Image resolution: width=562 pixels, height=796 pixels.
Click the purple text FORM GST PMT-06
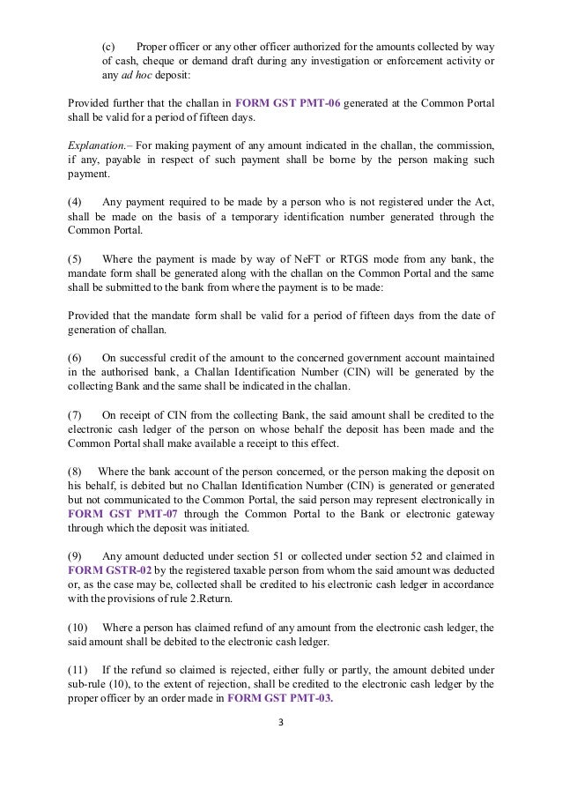tap(289, 102)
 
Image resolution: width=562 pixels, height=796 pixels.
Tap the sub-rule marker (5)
tap(75, 258)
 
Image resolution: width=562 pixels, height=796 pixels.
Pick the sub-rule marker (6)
tap(75, 356)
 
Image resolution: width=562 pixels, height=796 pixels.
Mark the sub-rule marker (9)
tap(75, 555)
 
